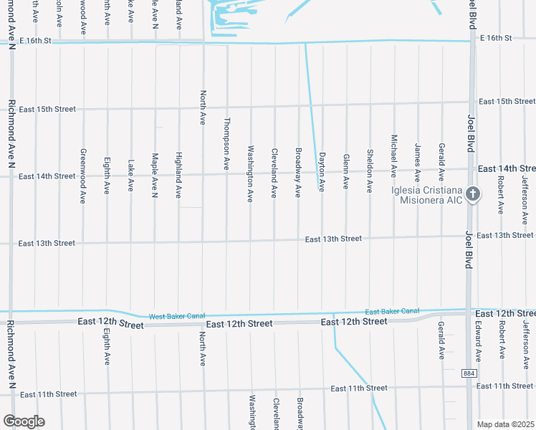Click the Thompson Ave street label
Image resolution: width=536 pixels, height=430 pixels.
[x=227, y=143]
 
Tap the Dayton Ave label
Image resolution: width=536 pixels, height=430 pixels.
[x=322, y=171]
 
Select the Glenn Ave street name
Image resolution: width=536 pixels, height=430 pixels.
[x=345, y=171]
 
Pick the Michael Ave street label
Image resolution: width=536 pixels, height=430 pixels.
[x=393, y=155]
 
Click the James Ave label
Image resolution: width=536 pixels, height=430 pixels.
[x=417, y=162]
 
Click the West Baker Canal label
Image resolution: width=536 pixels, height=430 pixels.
[x=176, y=316]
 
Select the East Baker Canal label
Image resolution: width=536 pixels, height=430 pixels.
[x=392, y=311]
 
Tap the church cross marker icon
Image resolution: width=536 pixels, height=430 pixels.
[x=472, y=193]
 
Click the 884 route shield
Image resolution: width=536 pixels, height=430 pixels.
[x=469, y=373]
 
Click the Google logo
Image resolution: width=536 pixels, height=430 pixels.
[x=24, y=421]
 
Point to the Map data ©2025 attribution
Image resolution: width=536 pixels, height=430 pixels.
[x=506, y=424]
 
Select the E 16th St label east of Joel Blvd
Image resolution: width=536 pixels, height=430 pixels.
[x=496, y=37]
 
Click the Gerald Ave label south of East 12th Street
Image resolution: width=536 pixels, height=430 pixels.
[x=441, y=340]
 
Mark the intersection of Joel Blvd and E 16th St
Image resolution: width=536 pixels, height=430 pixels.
[x=472, y=41]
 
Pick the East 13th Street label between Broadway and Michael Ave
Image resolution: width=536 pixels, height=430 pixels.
[x=333, y=239]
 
